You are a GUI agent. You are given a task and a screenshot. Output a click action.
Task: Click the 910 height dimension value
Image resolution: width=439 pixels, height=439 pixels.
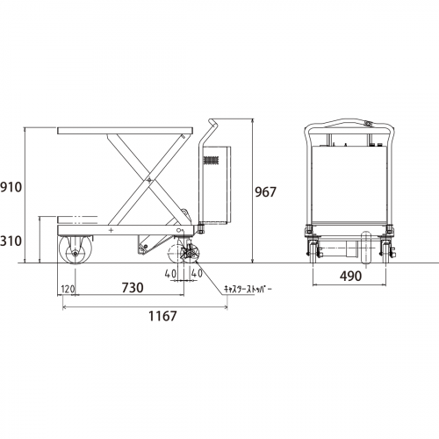[x=11, y=187]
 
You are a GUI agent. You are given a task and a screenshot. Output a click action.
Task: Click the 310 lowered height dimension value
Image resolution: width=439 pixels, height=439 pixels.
[x=11, y=241]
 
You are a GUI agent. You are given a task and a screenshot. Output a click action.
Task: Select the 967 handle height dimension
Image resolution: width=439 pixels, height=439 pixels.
[x=265, y=192]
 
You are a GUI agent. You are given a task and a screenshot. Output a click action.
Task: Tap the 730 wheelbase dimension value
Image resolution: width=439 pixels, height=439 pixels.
[x=133, y=287]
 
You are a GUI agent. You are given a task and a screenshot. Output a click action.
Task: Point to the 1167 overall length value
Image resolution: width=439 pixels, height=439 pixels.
[x=162, y=316]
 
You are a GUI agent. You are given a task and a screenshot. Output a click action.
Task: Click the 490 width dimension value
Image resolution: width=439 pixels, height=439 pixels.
[x=350, y=276]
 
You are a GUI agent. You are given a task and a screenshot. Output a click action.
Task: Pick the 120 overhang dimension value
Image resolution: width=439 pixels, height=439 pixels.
[x=68, y=289]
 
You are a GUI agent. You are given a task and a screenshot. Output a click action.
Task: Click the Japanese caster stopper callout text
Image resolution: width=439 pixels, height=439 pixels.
[x=248, y=289]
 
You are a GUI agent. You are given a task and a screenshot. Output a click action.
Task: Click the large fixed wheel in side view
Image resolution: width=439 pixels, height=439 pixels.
[x=76, y=249]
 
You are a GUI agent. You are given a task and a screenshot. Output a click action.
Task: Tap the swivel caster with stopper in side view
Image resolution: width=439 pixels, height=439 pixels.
[x=190, y=254]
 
